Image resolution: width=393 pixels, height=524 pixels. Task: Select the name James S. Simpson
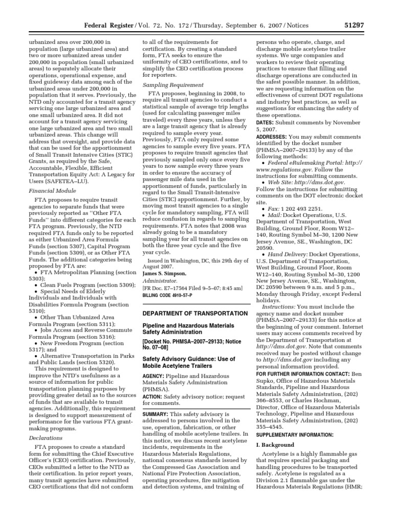(x=165, y=274)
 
